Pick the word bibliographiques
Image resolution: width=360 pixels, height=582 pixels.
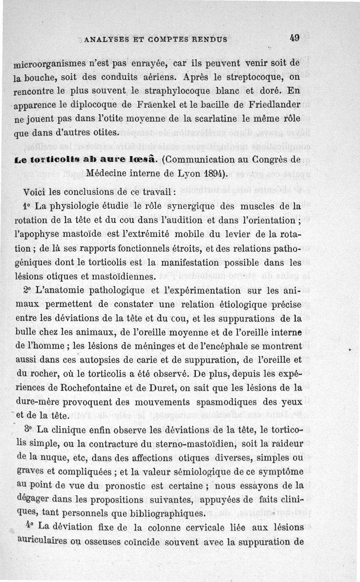click(x=162, y=513)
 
